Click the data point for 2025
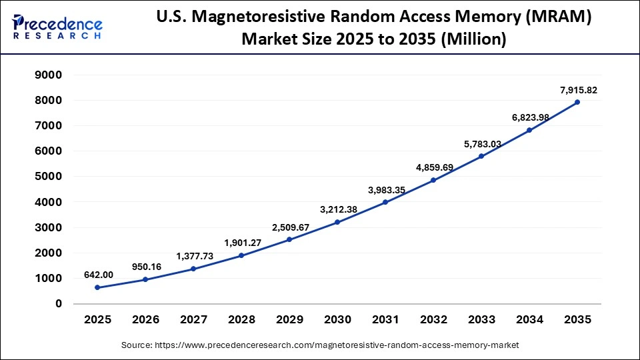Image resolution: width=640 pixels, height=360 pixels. tap(98, 287)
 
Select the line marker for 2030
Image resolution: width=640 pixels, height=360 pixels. tap(337, 222)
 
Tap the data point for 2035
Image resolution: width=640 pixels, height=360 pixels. tap(577, 102)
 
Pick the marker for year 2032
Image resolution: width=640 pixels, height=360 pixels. tap(433, 180)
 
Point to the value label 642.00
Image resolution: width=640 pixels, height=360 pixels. tap(98, 274)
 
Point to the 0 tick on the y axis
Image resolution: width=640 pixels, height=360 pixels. tap(59, 304)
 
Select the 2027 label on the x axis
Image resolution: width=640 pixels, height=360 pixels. tap(194, 319)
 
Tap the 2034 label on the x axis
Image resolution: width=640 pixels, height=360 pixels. tap(529, 319)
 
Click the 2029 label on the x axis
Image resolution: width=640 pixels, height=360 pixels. tap(290, 319)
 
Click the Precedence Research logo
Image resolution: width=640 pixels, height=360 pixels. tap(57, 27)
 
